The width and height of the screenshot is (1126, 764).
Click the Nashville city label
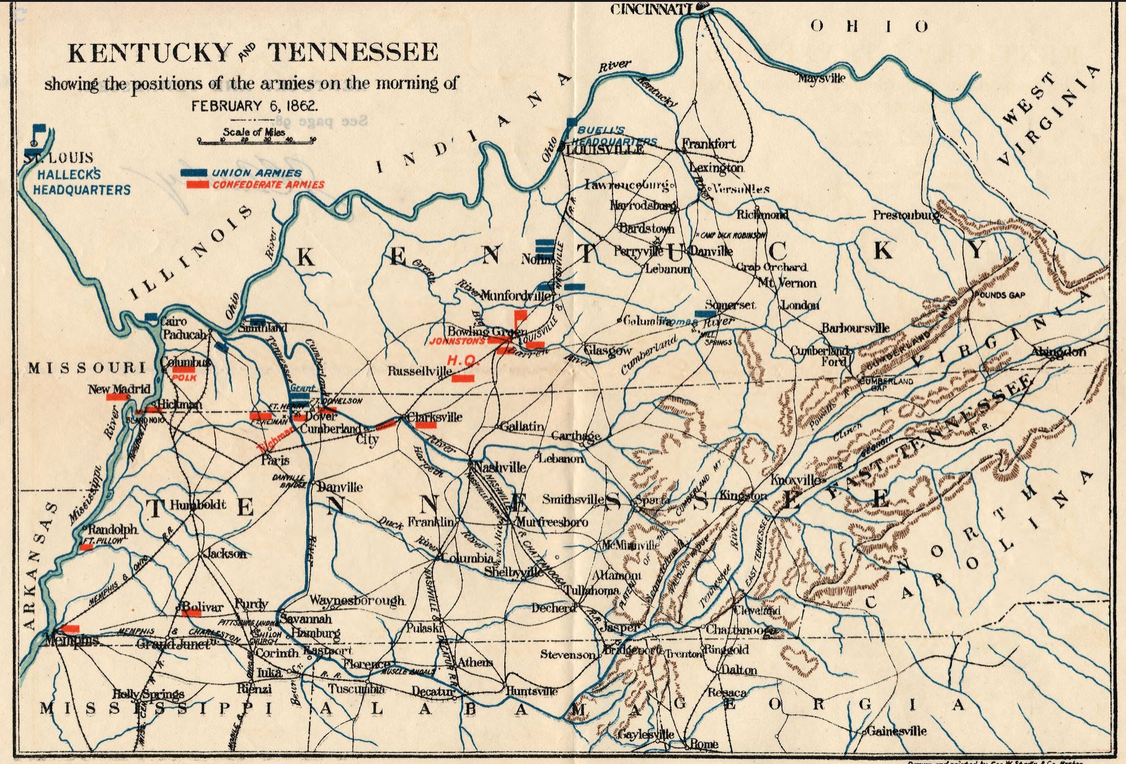tap(501, 467)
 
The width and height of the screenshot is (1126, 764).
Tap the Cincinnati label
tap(651, 9)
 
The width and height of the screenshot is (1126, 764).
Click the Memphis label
tap(71, 640)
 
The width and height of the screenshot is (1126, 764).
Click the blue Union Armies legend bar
tap(194, 173)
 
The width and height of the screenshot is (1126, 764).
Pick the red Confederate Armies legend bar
tap(198, 185)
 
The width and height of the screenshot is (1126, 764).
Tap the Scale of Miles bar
tap(256, 141)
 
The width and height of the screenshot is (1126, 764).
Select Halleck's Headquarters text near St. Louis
tap(82, 182)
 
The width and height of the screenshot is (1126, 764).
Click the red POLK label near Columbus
tap(184, 377)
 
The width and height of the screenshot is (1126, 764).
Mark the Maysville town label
tap(822, 79)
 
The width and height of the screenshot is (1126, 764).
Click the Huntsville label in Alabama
tap(532, 691)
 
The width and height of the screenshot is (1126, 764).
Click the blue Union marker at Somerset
tap(706, 314)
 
